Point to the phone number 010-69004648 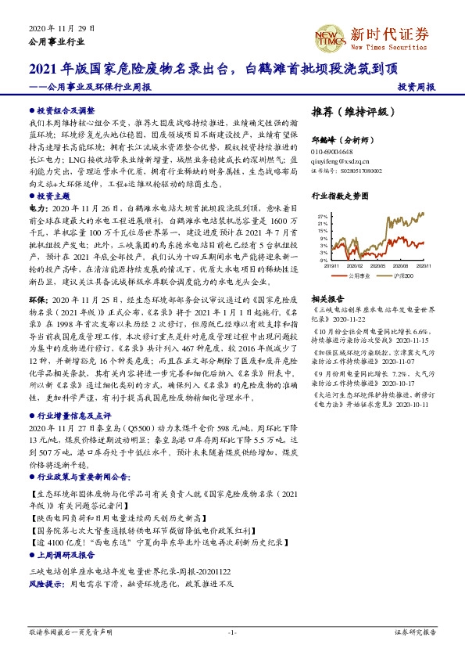[337, 151]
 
